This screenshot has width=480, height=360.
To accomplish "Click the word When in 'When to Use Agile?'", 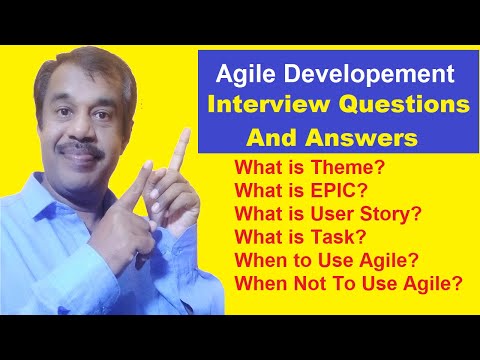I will point(257,259).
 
